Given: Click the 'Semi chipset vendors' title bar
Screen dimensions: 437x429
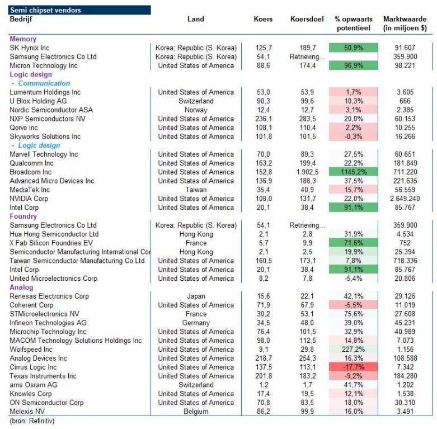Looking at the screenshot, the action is coord(79,10).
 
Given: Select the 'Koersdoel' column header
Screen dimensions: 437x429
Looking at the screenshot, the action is coord(307,19).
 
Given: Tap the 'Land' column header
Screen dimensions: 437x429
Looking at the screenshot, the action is coord(196,19).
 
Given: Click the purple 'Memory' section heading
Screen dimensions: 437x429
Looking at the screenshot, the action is coord(23,39).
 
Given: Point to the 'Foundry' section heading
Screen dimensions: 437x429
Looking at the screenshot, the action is coord(23,216).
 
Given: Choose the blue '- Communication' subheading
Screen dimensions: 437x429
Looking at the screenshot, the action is coord(41,83).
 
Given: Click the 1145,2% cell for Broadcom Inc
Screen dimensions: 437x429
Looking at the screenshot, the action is coord(354,172).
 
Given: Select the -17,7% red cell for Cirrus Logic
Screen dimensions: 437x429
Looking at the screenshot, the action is coord(354,367).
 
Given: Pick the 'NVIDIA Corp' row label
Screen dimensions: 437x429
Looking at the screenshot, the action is coord(29,199).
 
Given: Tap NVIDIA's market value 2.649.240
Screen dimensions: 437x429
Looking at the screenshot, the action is coord(405,199).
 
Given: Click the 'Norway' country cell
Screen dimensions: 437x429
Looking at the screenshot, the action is coord(196,110).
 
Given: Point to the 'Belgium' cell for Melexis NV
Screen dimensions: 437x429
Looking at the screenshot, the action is coord(196,412).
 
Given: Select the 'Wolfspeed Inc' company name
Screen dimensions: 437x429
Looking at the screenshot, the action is coord(31,350).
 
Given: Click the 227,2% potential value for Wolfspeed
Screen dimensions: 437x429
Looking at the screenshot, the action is coord(354,350).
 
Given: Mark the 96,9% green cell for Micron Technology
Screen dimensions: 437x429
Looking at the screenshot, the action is coord(354,65).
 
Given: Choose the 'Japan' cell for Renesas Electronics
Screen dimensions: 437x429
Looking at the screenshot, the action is coord(196,296).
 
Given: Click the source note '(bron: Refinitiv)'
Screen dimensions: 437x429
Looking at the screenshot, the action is coord(32,421).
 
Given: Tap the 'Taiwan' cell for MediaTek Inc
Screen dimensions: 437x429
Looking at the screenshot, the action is coord(196,190).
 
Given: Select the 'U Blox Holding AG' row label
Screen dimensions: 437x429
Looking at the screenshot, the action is coord(38,101).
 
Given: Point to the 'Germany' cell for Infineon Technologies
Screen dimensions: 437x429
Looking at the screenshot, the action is coord(196,323).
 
